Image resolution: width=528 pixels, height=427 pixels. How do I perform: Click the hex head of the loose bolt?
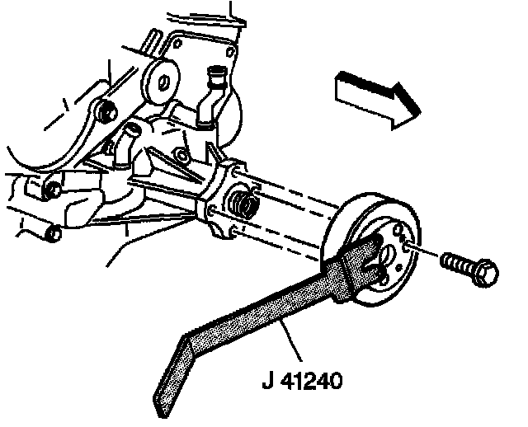(x=486, y=273)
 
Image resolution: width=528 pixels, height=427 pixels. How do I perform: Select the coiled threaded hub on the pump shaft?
(x=244, y=204)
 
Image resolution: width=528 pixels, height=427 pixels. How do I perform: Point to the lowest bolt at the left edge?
(x=51, y=234)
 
